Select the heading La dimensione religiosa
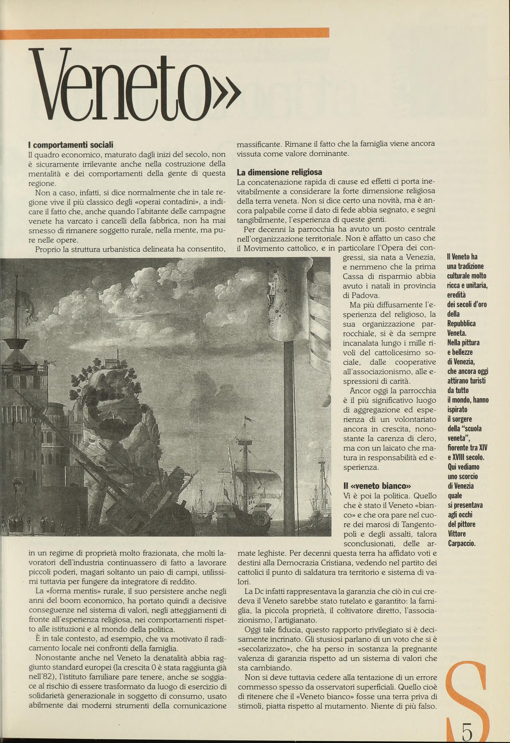point(279,172)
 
